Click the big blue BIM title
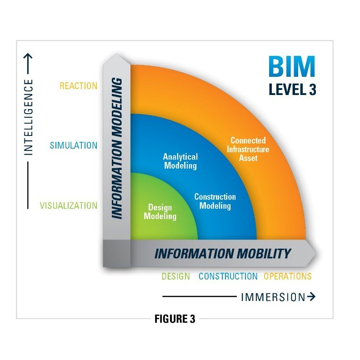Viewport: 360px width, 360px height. click(291, 67)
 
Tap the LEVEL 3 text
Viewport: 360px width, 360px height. click(292, 90)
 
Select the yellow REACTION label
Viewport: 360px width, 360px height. click(78, 86)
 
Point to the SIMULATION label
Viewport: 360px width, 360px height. click(73, 145)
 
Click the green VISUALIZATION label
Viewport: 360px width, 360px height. click(68, 205)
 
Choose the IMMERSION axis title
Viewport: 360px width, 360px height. click(273, 297)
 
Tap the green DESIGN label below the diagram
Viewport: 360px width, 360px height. click(175, 276)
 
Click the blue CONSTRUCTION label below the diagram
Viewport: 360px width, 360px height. click(228, 276)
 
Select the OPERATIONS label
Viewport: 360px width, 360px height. click(288, 276)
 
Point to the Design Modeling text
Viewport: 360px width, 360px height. click(160, 212)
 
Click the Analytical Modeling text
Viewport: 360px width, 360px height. click(180, 161)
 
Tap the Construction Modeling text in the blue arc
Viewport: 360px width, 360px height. click(215, 201)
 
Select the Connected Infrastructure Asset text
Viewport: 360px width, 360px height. click(248, 149)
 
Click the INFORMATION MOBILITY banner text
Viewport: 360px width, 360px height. click(222, 253)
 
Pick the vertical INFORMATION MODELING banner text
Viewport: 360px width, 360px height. click(117, 148)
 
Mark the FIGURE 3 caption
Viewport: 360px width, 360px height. click(175, 319)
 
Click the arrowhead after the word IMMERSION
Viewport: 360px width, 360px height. click(311, 297)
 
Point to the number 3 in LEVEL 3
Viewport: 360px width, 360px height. click(312, 90)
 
